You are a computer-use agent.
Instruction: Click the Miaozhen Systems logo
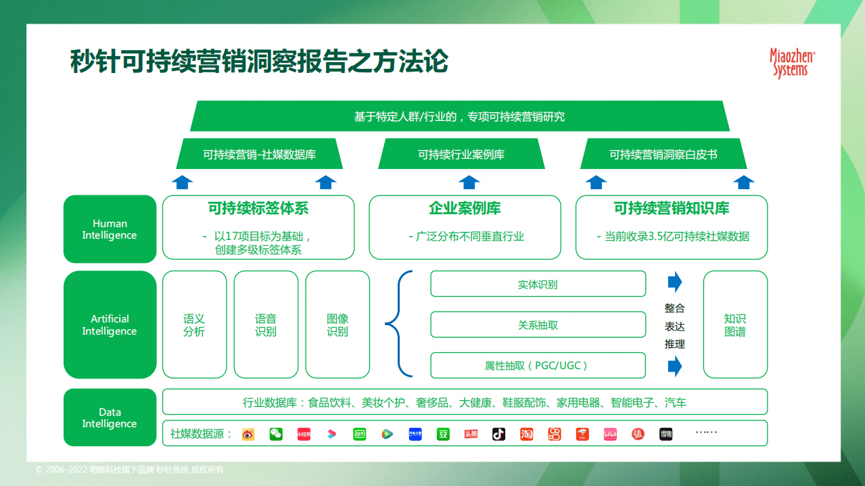coord(792,63)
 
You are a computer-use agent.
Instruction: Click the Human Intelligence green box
coord(110,229)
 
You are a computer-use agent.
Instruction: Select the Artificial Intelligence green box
coord(110,325)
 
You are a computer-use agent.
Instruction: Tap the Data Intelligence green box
coord(110,418)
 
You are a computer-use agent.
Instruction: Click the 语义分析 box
coord(194,325)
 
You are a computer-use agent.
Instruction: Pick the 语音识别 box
coord(266,325)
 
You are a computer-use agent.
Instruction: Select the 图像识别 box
coord(337,325)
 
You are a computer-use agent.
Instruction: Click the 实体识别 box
coord(538,285)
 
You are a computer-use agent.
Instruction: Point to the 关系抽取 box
coord(538,325)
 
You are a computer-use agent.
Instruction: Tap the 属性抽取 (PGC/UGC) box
coord(538,366)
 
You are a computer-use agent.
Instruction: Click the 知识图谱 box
coord(735,325)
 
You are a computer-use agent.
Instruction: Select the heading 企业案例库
coord(465,208)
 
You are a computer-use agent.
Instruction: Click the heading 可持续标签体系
coord(258,208)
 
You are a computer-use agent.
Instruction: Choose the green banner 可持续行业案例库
coord(461,154)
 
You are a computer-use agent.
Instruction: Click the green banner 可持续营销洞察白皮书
coord(663,154)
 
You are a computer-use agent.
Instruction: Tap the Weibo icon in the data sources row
coord(248,434)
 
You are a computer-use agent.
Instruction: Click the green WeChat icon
coord(276,434)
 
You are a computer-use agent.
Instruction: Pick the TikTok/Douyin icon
coord(498,434)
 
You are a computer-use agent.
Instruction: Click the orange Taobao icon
coord(526,434)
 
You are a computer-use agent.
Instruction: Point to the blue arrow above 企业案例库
coord(469,182)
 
